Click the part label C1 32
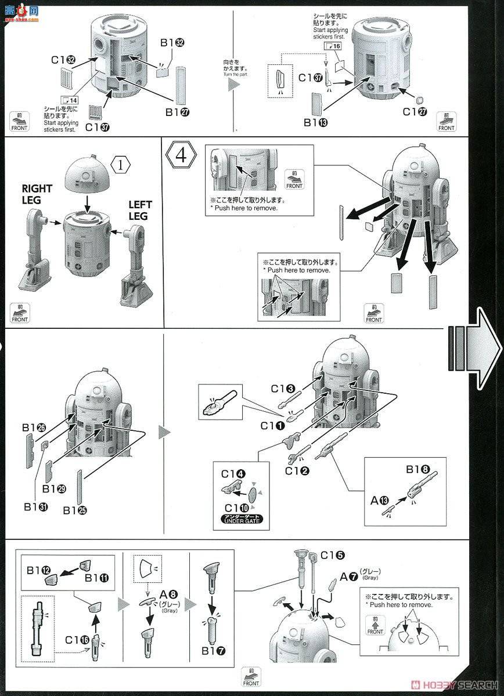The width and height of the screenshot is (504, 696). [63, 59]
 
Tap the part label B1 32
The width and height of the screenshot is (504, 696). [172, 42]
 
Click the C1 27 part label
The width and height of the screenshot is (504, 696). [416, 111]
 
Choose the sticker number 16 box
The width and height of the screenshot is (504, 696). [333, 46]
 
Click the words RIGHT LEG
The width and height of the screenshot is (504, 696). [37, 194]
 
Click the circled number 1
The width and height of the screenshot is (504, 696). [121, 165]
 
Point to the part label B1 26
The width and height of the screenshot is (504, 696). [34, 427]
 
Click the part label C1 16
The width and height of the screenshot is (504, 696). [76, 640]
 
